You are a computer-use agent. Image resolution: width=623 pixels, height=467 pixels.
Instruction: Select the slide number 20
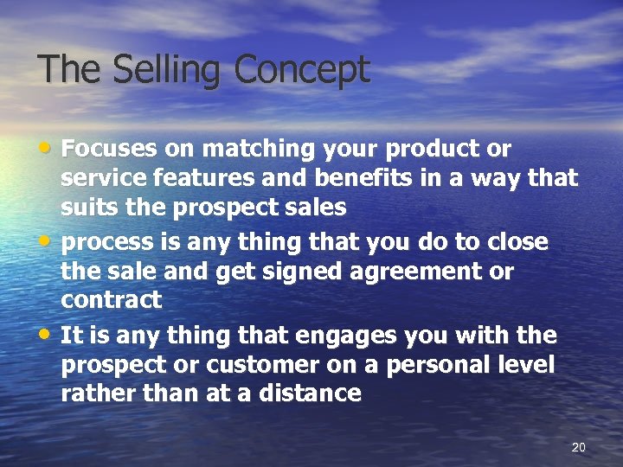click(579, 447)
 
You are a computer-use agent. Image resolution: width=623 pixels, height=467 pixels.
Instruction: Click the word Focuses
click(110, 150)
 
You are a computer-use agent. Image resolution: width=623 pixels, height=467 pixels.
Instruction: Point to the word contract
click(111, 301)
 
